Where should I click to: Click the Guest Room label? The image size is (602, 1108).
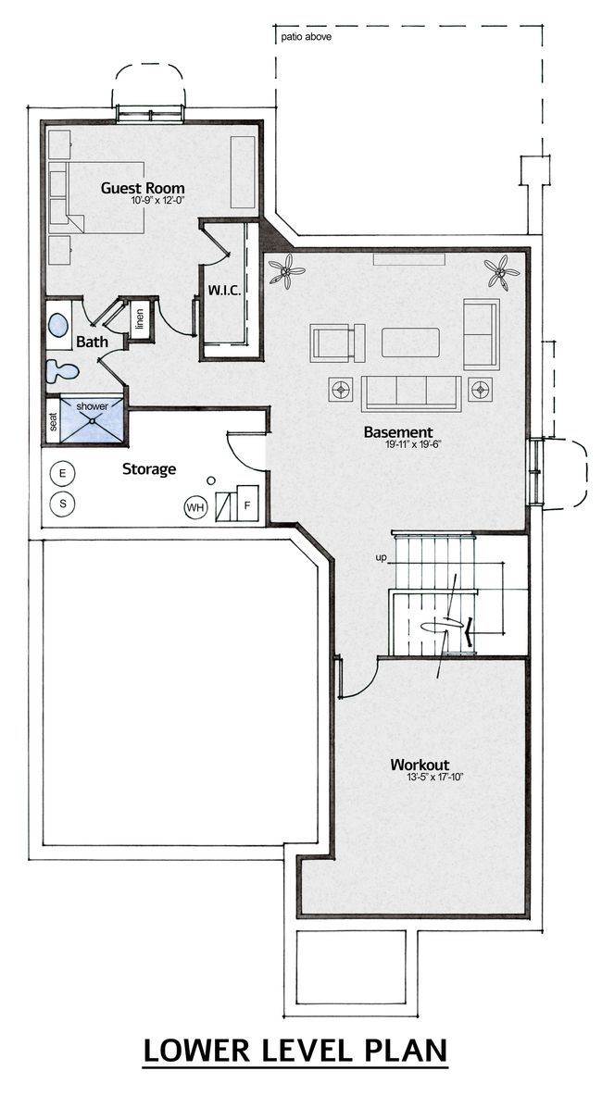click(x=143, y=188)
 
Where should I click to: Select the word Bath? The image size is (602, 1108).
click(x=92, y=342)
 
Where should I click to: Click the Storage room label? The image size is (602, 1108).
click(x=148, y=468)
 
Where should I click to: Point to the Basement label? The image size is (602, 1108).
click(x=397, y=431)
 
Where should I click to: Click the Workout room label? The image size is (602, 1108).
click(x=420, y=765)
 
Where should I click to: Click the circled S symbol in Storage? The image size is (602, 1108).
click(x=63, y=504)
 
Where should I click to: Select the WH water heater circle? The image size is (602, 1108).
click(x=195, y=507)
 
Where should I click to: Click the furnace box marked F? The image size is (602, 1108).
click(x=247, y=504)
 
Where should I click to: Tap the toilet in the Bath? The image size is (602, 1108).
click(x=62, y=371)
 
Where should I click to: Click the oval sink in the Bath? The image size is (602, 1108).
click(x=58, y=327)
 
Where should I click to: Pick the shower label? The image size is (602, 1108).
click(x=92, y=406)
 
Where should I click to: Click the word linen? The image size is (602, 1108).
click(x=139, y=319)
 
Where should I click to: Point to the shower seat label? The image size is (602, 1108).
click(x=53, y=422)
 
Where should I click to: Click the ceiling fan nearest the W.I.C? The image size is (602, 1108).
click(x=286, y=272)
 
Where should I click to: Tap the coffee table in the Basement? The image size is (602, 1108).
click(x=410, y=342)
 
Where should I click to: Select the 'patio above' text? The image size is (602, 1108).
click(x=306, y=37)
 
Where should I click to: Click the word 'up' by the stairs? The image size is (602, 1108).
click(x=381, y=558)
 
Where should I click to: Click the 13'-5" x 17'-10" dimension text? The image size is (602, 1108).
click(x=434, y=777)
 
